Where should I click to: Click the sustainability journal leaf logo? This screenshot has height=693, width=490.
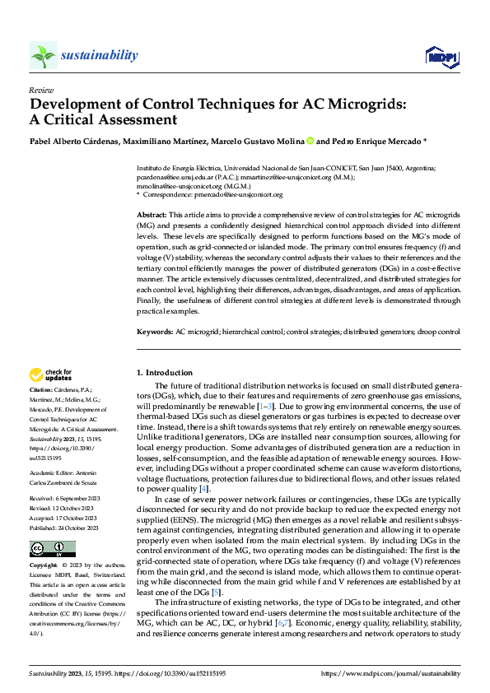[43, 55]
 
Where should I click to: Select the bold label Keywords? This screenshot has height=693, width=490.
[155, 331]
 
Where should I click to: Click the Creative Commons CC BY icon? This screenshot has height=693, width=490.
[52, 548]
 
